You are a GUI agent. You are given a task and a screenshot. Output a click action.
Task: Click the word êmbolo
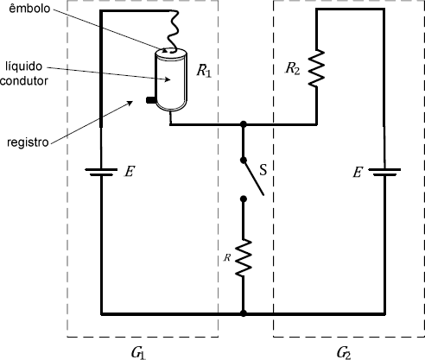tap(29, 9)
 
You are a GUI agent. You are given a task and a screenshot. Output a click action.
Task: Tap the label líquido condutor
tap(24, 73)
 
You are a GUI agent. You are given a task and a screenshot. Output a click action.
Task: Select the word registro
tap(28, 142)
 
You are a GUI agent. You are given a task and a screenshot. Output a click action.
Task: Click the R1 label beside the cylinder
tap(204, 71)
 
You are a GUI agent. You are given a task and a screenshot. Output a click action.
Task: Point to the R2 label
tap(293, 69)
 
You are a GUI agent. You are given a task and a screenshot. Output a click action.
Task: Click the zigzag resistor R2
tap(316, 68)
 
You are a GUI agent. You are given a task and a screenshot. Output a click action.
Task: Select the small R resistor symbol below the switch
tap(244, 258)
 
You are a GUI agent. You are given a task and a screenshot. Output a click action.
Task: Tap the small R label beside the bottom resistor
tap(227, 257)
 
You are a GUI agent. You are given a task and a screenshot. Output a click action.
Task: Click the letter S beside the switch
tap(263, 170)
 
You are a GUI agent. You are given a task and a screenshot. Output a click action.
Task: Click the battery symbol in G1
tap(101, 172)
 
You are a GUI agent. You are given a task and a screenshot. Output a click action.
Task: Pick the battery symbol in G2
tap(384, 172)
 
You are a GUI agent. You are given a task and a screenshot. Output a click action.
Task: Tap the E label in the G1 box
tap(130, 172)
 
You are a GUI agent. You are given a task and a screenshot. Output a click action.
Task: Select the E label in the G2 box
tap(358, 173)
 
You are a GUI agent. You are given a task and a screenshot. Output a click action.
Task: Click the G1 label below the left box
tap(138, 353)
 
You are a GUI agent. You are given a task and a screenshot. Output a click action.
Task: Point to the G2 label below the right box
tap(344, 353)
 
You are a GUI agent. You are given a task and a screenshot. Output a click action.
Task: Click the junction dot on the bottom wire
tap(244, 313)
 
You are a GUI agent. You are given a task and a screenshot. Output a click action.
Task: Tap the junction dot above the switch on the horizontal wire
tap(244, 124)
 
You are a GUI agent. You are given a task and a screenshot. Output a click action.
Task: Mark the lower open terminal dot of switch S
tap(244, 199)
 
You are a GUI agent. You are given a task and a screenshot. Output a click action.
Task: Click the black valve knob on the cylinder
tap(150, 100)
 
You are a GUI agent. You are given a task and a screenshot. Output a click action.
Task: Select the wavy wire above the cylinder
tap(173, 31)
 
